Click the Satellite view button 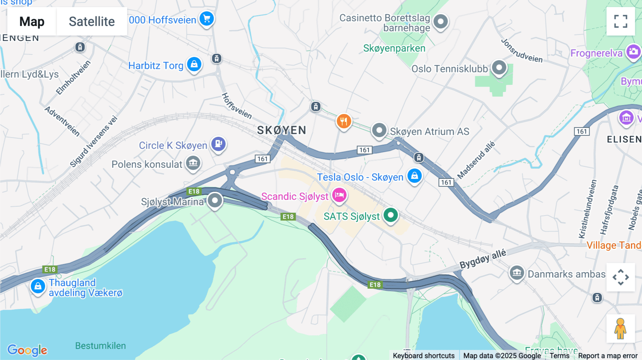[92, 22]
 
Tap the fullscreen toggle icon [621, 21]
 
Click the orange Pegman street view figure [620, 329]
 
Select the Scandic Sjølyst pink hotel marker [339, 195]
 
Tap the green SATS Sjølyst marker [391, 215]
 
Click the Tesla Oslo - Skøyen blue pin [414, 176]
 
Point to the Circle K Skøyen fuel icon [218, 144]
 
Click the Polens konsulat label [147, 164]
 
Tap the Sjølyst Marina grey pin [215, 200]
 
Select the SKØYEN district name [281, 130]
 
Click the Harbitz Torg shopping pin [194, 65]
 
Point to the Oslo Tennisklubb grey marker [499, 67]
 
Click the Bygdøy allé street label [483, 259]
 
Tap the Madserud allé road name [476, 160]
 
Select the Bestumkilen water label [100, 346]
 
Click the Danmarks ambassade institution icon [516, 273]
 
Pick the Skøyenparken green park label [394, 48]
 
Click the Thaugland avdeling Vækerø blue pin [38, 286]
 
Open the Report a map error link [607, 356]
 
